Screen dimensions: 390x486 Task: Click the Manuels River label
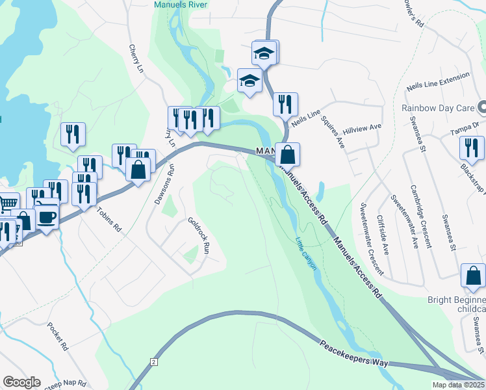pyautogui.click(x=180, y=5)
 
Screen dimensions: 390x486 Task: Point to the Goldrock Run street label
pyautogui.click(x=198, y=235)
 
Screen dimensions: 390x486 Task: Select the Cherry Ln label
pyautogui.click(x=135, y=58)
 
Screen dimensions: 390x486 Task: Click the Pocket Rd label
pyautogui.click(x=58, y=336)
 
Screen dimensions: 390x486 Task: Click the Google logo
pyautogui.click(x=21, y=382)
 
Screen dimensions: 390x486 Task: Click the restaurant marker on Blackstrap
pyautogui.click(x=471, y=147)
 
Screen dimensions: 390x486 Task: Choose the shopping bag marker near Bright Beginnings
pyautogui.click(x=473, y=276)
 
